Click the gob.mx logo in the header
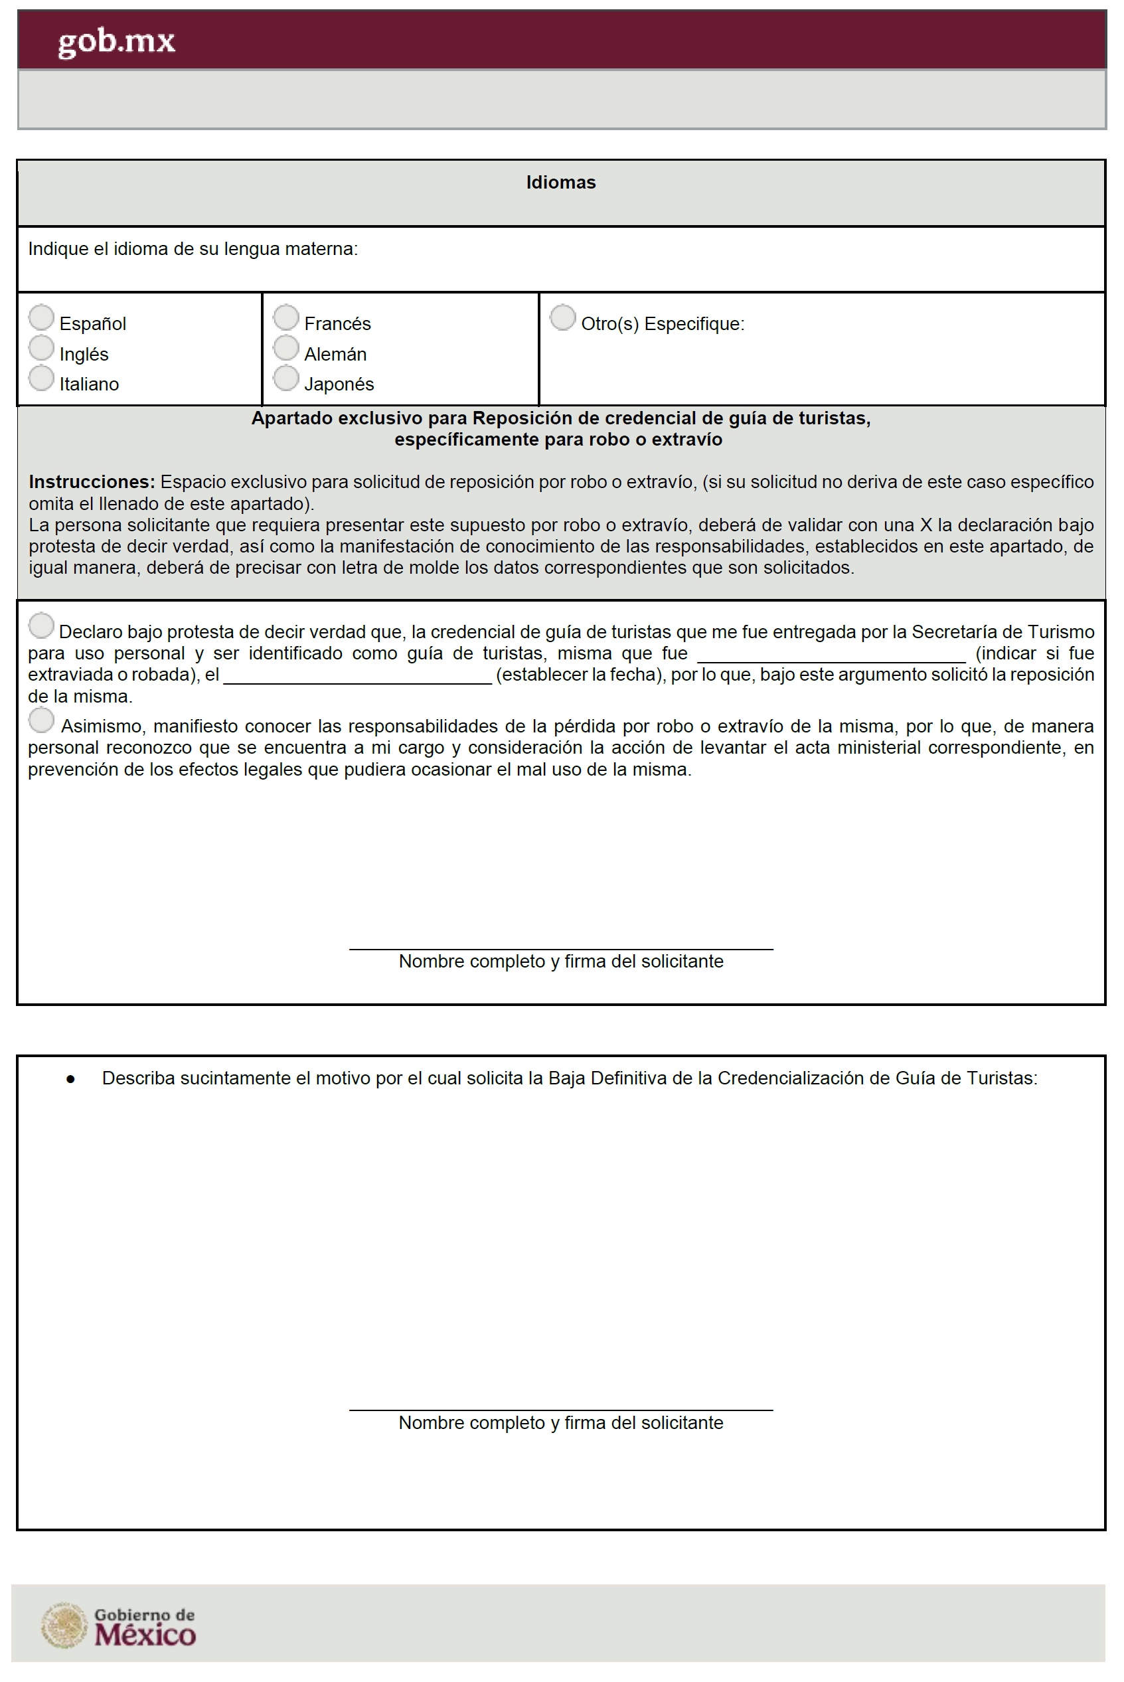[x=116, y=42]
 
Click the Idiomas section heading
[x=560, y=183]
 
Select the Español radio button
[x=42, y=317]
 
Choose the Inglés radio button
[x=42, y=348]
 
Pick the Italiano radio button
[x=42, y=378]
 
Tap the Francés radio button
[x=286, y=317]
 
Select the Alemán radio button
[x=286, y=348]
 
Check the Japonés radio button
[x=286, y=378]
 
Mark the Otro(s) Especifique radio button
[x=563, y=317]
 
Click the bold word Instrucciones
[x=92, y=482]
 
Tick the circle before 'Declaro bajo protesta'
[x=42, y=626]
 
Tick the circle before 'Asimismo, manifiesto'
[x=42, y=720]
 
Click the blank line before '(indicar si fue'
[x=831, y=657]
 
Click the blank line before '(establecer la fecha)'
[x=357, y=678]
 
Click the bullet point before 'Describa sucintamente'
[x=70, y=1079]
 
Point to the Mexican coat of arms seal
[x=64, y=1626]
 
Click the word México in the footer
[x=145, y=1635]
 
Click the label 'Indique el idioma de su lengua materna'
[x=193, y=249]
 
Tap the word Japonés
[x=339, y=384]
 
